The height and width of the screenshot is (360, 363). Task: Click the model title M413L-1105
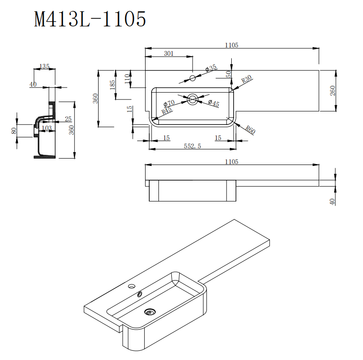pos(90,19)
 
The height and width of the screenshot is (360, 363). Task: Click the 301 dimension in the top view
pos(169,53)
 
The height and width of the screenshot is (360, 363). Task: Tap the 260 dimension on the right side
pos(333,90)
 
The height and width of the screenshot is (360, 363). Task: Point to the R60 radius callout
pos(250,130)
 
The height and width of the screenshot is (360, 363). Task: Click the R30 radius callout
pos(246,79)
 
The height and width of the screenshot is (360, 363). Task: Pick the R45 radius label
pos(166,110)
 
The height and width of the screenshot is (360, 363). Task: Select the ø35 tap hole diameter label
pos(211,69)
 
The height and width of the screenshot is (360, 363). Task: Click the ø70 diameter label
pos(169,103)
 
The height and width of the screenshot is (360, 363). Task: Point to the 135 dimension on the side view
pos(45,67)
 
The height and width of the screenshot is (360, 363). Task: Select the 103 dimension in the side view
pos(47,128)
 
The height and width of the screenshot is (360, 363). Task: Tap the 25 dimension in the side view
pos(68,119)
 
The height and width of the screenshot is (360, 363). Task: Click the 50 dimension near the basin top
pos(228,74)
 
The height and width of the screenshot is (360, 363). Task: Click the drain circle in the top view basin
pos(193,98)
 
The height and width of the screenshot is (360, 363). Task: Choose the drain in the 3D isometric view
pos(149,312)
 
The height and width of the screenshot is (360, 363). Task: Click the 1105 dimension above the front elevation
pos(231,161)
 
